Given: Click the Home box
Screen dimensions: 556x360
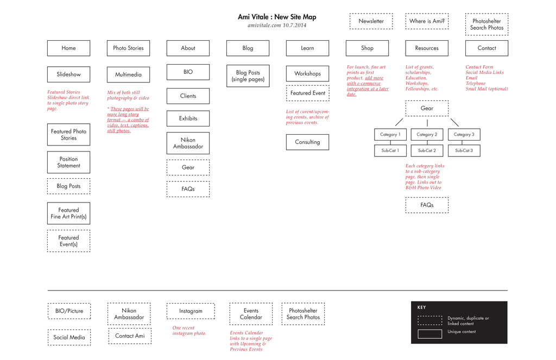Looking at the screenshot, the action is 68,48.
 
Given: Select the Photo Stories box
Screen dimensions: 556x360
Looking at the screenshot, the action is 128,48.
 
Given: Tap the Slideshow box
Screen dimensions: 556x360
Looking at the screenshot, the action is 68,74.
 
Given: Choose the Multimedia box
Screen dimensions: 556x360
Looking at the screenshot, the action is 128,75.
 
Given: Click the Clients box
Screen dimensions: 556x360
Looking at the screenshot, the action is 188,96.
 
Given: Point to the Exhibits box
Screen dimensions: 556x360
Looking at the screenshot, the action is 188,118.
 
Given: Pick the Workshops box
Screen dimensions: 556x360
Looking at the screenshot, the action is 307,74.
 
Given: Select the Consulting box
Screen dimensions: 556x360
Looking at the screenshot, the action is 307,142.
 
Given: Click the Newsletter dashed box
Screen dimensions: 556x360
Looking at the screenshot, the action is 371,21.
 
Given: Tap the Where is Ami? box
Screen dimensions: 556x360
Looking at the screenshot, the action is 427,21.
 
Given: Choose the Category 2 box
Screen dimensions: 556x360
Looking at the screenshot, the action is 427,135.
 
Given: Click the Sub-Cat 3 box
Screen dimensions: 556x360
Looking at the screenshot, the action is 464,151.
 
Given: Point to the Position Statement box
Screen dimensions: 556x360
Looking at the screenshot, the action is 68,162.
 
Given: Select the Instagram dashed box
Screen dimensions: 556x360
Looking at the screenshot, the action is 191,311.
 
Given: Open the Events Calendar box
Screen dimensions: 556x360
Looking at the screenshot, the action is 251,314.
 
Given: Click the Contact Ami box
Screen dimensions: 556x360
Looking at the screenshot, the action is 130,336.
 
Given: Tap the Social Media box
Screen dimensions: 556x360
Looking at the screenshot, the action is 69,337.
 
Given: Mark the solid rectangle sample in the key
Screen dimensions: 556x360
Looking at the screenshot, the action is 430,334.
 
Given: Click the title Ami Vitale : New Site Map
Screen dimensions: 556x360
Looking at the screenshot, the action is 277,17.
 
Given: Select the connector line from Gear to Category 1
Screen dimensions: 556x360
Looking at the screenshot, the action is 399,122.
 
